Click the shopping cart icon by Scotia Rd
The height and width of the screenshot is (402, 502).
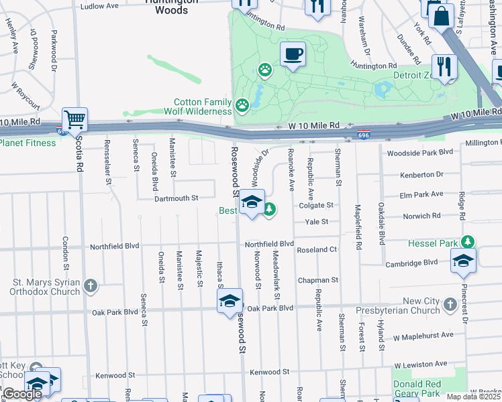pyautogui.click(x=75, y=119)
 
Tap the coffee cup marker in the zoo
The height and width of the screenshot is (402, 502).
pyautogui.click(x=292, y=54)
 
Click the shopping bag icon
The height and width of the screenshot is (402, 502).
pyautogui.click(x=442, y=15)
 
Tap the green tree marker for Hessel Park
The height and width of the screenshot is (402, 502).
pyautogui.click(x=468, y=242)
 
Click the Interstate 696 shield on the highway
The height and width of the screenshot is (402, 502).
pyautogui.click(x=364, y=135)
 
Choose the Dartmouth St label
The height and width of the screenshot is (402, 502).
pyautogui.click(x=177, y=198)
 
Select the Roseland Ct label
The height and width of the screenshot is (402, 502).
pyautogui.click(x=317, y=249)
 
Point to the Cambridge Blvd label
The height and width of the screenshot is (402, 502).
pyautogui.click(x=411, y=264)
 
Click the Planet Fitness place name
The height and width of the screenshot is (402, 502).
pyautogui.click(x=28, y=143)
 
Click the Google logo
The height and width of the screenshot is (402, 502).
pyautogui.click(x=22, y=394)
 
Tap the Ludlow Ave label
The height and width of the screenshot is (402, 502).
pyautogui.click(x=99, y=6)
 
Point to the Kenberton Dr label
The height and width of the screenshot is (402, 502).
pyautogui.click(x=421, y=174)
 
